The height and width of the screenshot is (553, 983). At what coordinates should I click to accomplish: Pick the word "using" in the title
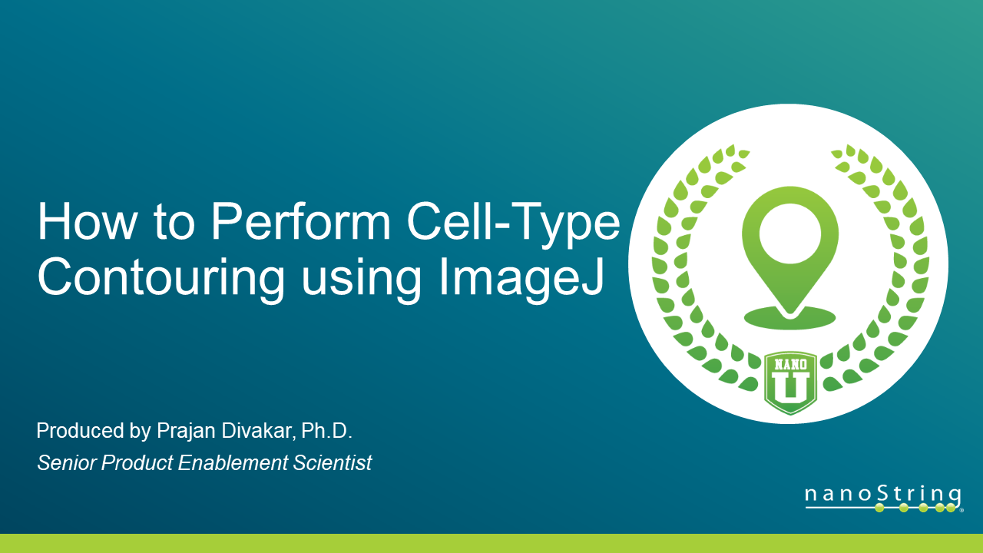[361, 280]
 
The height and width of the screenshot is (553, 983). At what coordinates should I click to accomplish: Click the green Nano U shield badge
[790, 382]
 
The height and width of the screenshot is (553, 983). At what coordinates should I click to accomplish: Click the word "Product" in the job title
[134, 463]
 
